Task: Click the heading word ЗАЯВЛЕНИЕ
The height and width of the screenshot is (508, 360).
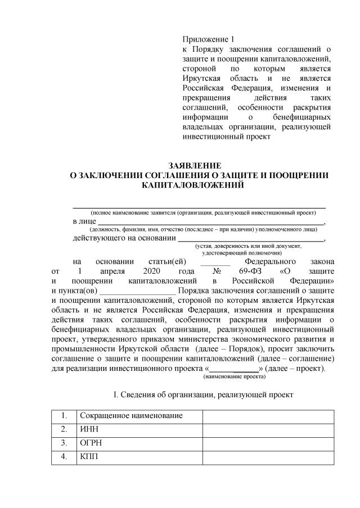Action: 195,166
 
